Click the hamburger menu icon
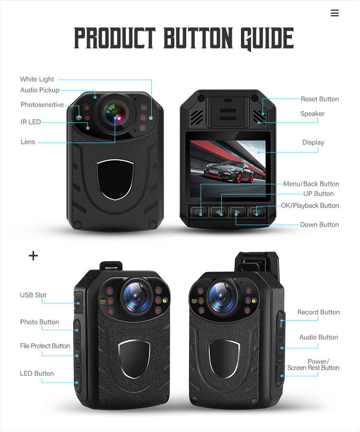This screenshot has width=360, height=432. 335,13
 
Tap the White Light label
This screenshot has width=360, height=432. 37,79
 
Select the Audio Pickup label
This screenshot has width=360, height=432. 40,90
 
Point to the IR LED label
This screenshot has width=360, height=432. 31,122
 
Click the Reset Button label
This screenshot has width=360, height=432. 320,99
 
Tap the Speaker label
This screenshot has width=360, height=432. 312,114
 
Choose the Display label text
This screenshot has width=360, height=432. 313,142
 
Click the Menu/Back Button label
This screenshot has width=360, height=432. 311,184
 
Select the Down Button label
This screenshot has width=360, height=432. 319,224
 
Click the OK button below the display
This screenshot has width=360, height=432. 257,211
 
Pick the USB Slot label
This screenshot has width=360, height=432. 33,295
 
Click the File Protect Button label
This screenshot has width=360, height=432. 45,346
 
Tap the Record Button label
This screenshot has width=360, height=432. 318,312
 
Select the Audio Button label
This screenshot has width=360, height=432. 319,337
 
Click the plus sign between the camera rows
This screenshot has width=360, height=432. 33,256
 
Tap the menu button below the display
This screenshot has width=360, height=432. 199,211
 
